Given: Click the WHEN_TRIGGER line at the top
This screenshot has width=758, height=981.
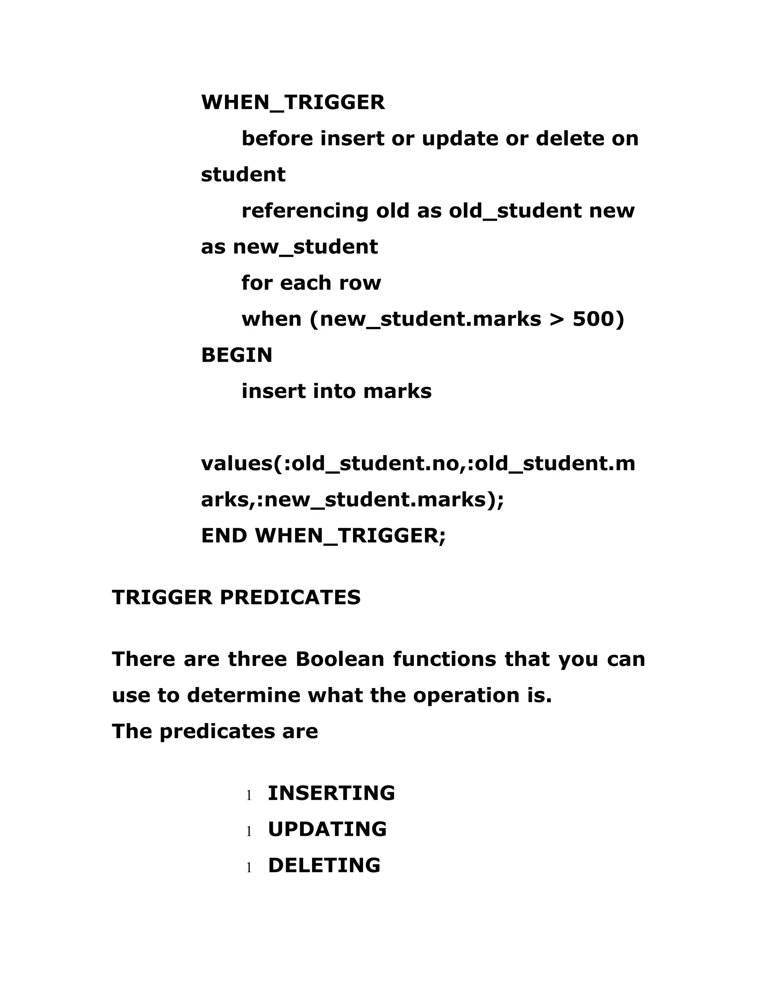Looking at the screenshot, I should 293,103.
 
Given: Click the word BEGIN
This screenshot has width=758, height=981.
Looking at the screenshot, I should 237,355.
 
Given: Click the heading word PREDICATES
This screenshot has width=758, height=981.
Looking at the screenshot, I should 290,597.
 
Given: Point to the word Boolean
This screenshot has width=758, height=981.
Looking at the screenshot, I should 340,659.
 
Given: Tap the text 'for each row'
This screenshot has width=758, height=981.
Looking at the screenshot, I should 311,283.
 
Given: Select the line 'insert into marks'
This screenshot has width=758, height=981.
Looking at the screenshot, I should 336,391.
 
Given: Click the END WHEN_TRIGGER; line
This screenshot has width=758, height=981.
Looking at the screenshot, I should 323,535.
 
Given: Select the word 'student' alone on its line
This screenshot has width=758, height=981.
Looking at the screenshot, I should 243,175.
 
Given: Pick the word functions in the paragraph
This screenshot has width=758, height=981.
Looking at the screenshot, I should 445,659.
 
